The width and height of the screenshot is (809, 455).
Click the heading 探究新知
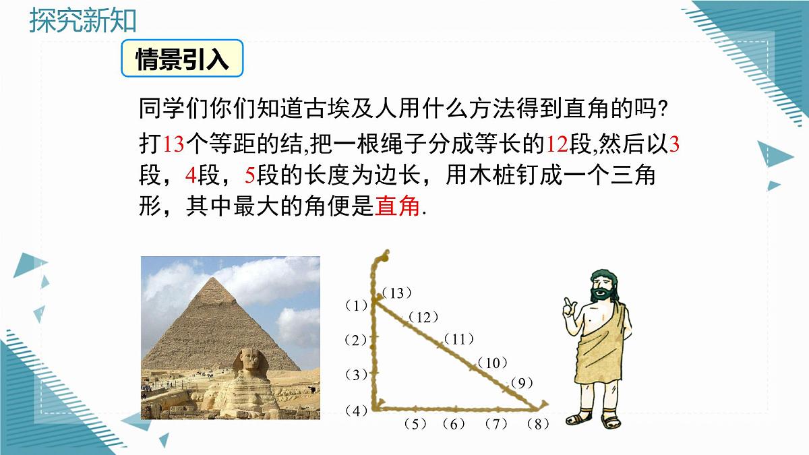tap(83, 21)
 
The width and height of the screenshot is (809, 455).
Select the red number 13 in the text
tap(174, 144)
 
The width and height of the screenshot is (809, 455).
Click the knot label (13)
tap(396, 293)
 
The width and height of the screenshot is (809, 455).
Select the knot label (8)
tap(537, 424)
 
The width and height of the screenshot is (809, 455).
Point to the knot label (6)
tap(454, 424)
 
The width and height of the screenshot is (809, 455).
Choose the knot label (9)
tap(522, 383)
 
